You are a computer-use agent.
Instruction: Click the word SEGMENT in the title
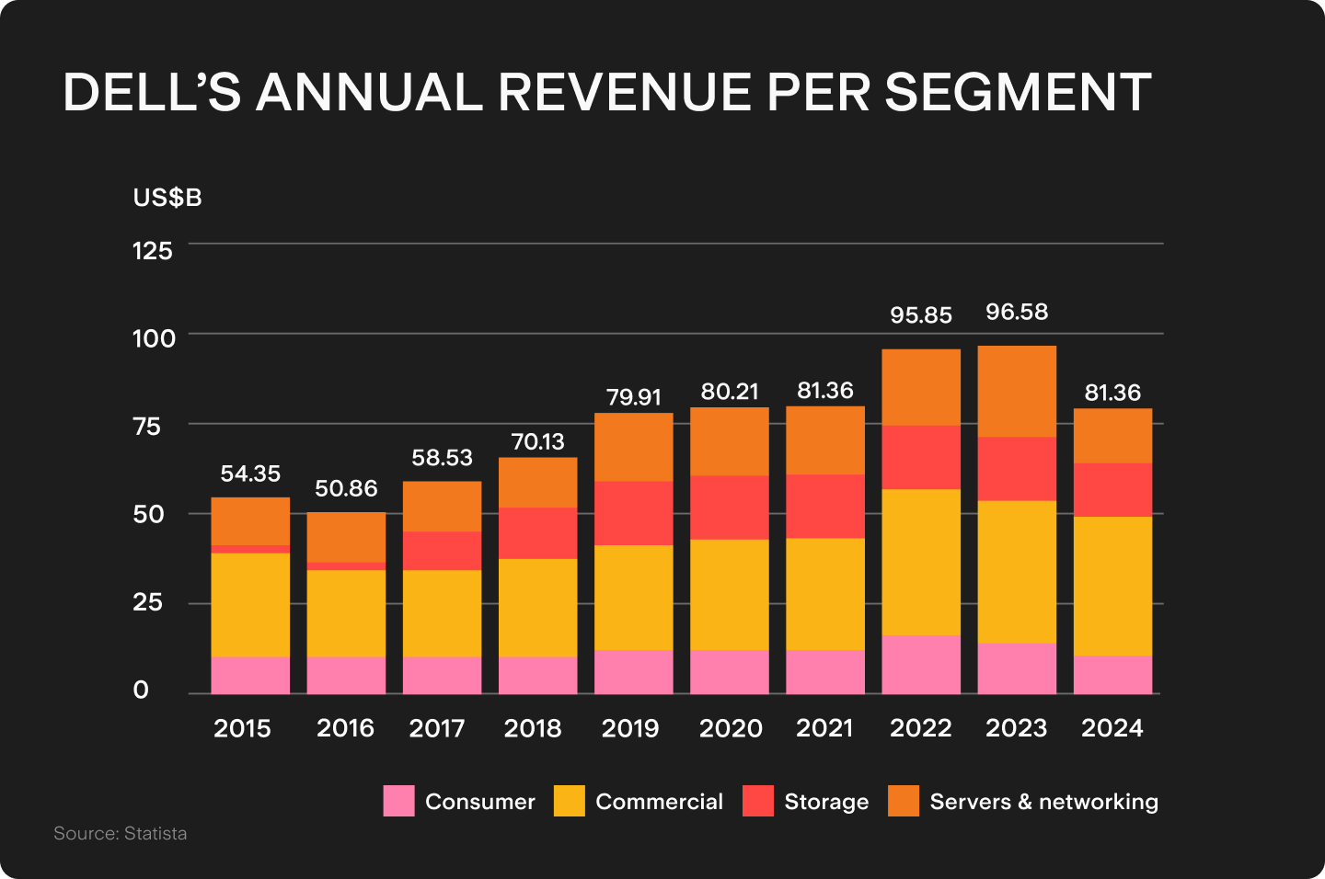pyautogui.click(x=1018, y=92)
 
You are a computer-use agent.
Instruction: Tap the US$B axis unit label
pyautogui.click(x=167, y=198)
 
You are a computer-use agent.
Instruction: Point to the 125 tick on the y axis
pyautogui.click(x=153, y=250)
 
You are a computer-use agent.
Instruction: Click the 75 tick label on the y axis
pyautogui.click(x=146, y=426)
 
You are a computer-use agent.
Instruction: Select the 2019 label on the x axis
pyautogui.click(x=630, y=728)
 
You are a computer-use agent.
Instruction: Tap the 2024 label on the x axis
pyautogui.click(x=1112, y=728)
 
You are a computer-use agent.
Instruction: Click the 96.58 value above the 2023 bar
pyautogui.click(x=1016, y=312)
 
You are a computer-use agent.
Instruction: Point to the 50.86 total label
pyautogui.click(x=346, y=488)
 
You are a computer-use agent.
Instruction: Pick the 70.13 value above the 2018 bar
pyautogui.click(x=537, y=441)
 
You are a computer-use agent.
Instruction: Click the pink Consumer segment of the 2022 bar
pyautogui.click(x=920, y=664)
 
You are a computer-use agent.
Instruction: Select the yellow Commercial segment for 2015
pyautogui.click(x=250, y=604)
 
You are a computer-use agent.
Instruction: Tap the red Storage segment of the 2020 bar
pyautogui.click(x=729, y=507)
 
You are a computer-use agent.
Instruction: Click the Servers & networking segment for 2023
pyautogui.click(x=1016, y=391)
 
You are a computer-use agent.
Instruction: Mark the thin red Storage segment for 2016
pyautogui.click(x=346, y=566)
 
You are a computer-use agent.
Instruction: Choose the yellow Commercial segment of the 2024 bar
pyautogui.click(x=1112, y=586)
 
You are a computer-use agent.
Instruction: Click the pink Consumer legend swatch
pyautogui.click(x=398, y=801)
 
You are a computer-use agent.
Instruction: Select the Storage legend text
pyautogui.click(x=825, y=802)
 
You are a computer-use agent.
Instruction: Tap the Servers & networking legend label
pyautogui.click(x=1043, y=802)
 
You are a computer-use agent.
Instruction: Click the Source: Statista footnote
pyautogui.click(x=121, y=833)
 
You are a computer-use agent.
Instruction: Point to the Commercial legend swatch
pyautogui.click(x=569, y=801)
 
